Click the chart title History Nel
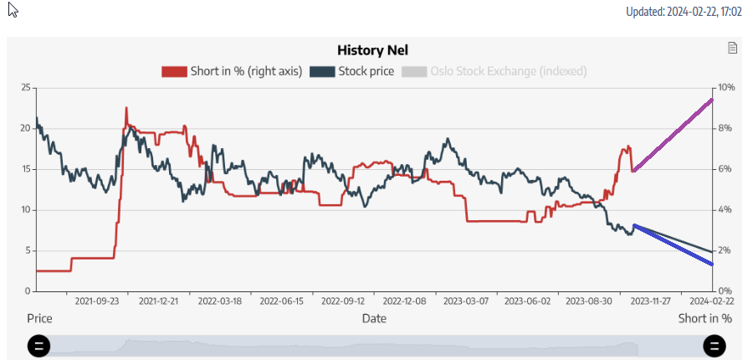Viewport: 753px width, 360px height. [372, 51]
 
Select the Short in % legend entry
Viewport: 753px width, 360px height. [232, 71]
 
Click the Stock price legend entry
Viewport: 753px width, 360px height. [352, 71]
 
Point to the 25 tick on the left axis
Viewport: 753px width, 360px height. [25, 88]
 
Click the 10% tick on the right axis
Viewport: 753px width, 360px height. [725, 88]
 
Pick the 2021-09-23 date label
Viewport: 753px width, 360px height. [96, 301]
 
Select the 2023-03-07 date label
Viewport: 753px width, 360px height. [466, 301]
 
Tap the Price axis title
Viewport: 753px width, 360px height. [39, 319]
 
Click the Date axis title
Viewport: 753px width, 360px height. [374, 319]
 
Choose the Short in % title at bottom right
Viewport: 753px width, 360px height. [704, 319]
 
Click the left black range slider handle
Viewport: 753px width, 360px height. [39, 346]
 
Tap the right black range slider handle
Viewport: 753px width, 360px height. [714, 346]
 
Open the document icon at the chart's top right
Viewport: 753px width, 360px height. [733, 49]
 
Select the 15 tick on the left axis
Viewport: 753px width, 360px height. [25, 169]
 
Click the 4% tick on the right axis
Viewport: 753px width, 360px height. [725, 209]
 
